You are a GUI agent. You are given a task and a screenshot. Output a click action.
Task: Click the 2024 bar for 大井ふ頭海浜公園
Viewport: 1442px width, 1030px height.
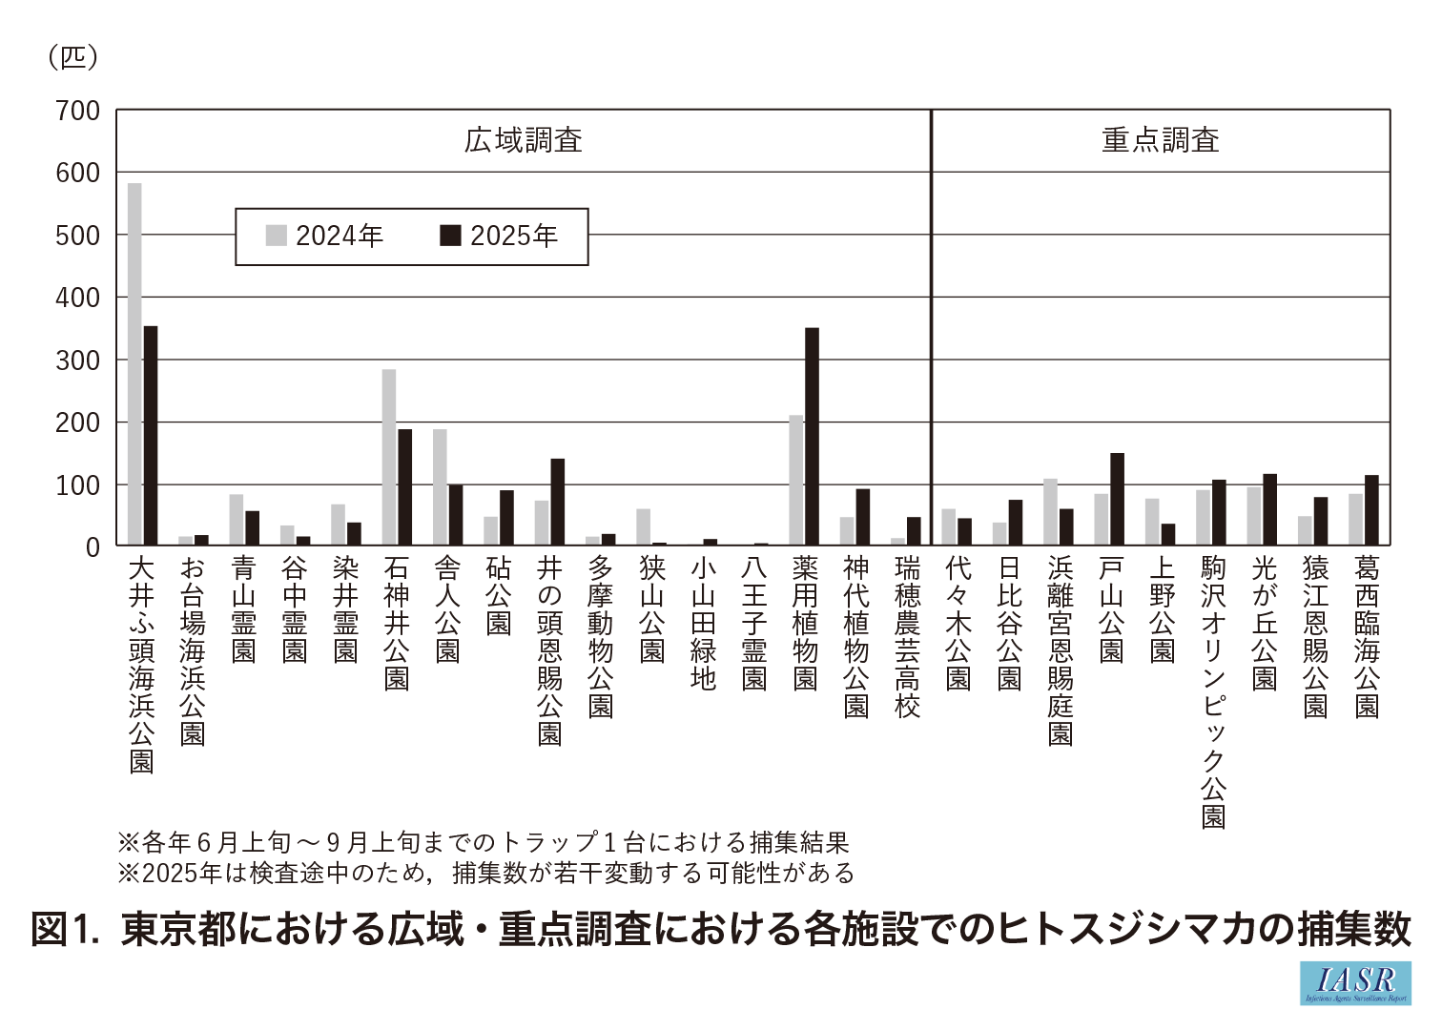pos(134,363)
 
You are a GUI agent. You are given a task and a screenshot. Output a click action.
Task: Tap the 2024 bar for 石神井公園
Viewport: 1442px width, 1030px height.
pos(389,457)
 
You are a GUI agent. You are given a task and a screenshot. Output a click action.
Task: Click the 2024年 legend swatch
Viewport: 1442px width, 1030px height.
pos(276,236)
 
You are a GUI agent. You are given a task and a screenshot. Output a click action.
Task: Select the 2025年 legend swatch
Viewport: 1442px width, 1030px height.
pos(450,236)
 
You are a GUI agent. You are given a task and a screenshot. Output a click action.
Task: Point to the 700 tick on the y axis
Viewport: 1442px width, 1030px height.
pos(77,111)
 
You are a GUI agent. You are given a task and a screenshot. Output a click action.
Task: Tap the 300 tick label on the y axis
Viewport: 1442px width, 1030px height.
pos(77,360)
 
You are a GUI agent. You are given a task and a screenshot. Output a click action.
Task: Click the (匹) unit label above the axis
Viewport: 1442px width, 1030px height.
pos(72,57)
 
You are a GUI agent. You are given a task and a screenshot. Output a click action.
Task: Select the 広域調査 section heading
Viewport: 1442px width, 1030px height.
pos(523,140)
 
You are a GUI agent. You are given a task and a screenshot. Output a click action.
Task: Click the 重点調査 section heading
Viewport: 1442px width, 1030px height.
pos(1160,140)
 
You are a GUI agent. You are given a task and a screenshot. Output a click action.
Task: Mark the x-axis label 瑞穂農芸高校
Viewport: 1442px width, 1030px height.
pos(907,638)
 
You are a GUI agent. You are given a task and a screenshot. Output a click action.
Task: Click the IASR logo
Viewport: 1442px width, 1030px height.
pos(1355,982)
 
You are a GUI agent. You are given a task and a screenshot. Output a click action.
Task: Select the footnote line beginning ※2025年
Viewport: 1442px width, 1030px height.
pos(485,873)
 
